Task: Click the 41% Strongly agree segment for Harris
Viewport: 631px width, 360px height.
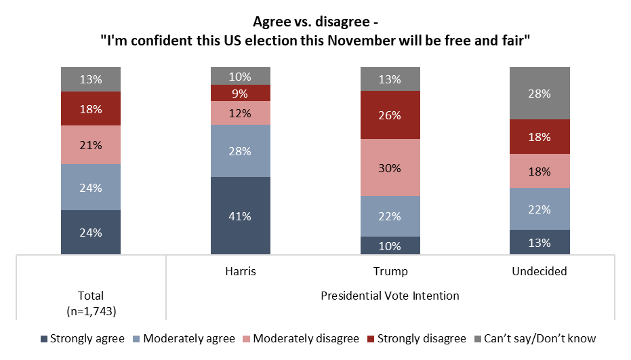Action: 241,216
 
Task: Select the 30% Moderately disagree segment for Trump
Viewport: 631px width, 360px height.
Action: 390,167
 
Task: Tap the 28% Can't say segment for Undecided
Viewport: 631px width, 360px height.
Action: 540,93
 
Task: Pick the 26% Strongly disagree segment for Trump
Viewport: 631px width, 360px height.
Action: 390,115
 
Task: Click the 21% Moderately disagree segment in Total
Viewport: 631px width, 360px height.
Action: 91,144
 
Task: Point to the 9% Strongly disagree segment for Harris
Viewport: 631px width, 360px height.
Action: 241,93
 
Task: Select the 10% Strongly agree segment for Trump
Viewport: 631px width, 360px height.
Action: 390,245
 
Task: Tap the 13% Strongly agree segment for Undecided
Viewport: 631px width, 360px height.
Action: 540,242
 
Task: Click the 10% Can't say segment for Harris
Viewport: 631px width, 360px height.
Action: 241,76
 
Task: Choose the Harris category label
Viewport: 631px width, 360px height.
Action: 241,271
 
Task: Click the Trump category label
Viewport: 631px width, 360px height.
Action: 390,271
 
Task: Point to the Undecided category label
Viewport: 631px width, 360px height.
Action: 540,271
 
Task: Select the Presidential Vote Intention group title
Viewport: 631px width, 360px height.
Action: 390,296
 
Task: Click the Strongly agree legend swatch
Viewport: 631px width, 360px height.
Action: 45,338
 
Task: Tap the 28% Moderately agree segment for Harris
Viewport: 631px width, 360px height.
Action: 241,151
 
